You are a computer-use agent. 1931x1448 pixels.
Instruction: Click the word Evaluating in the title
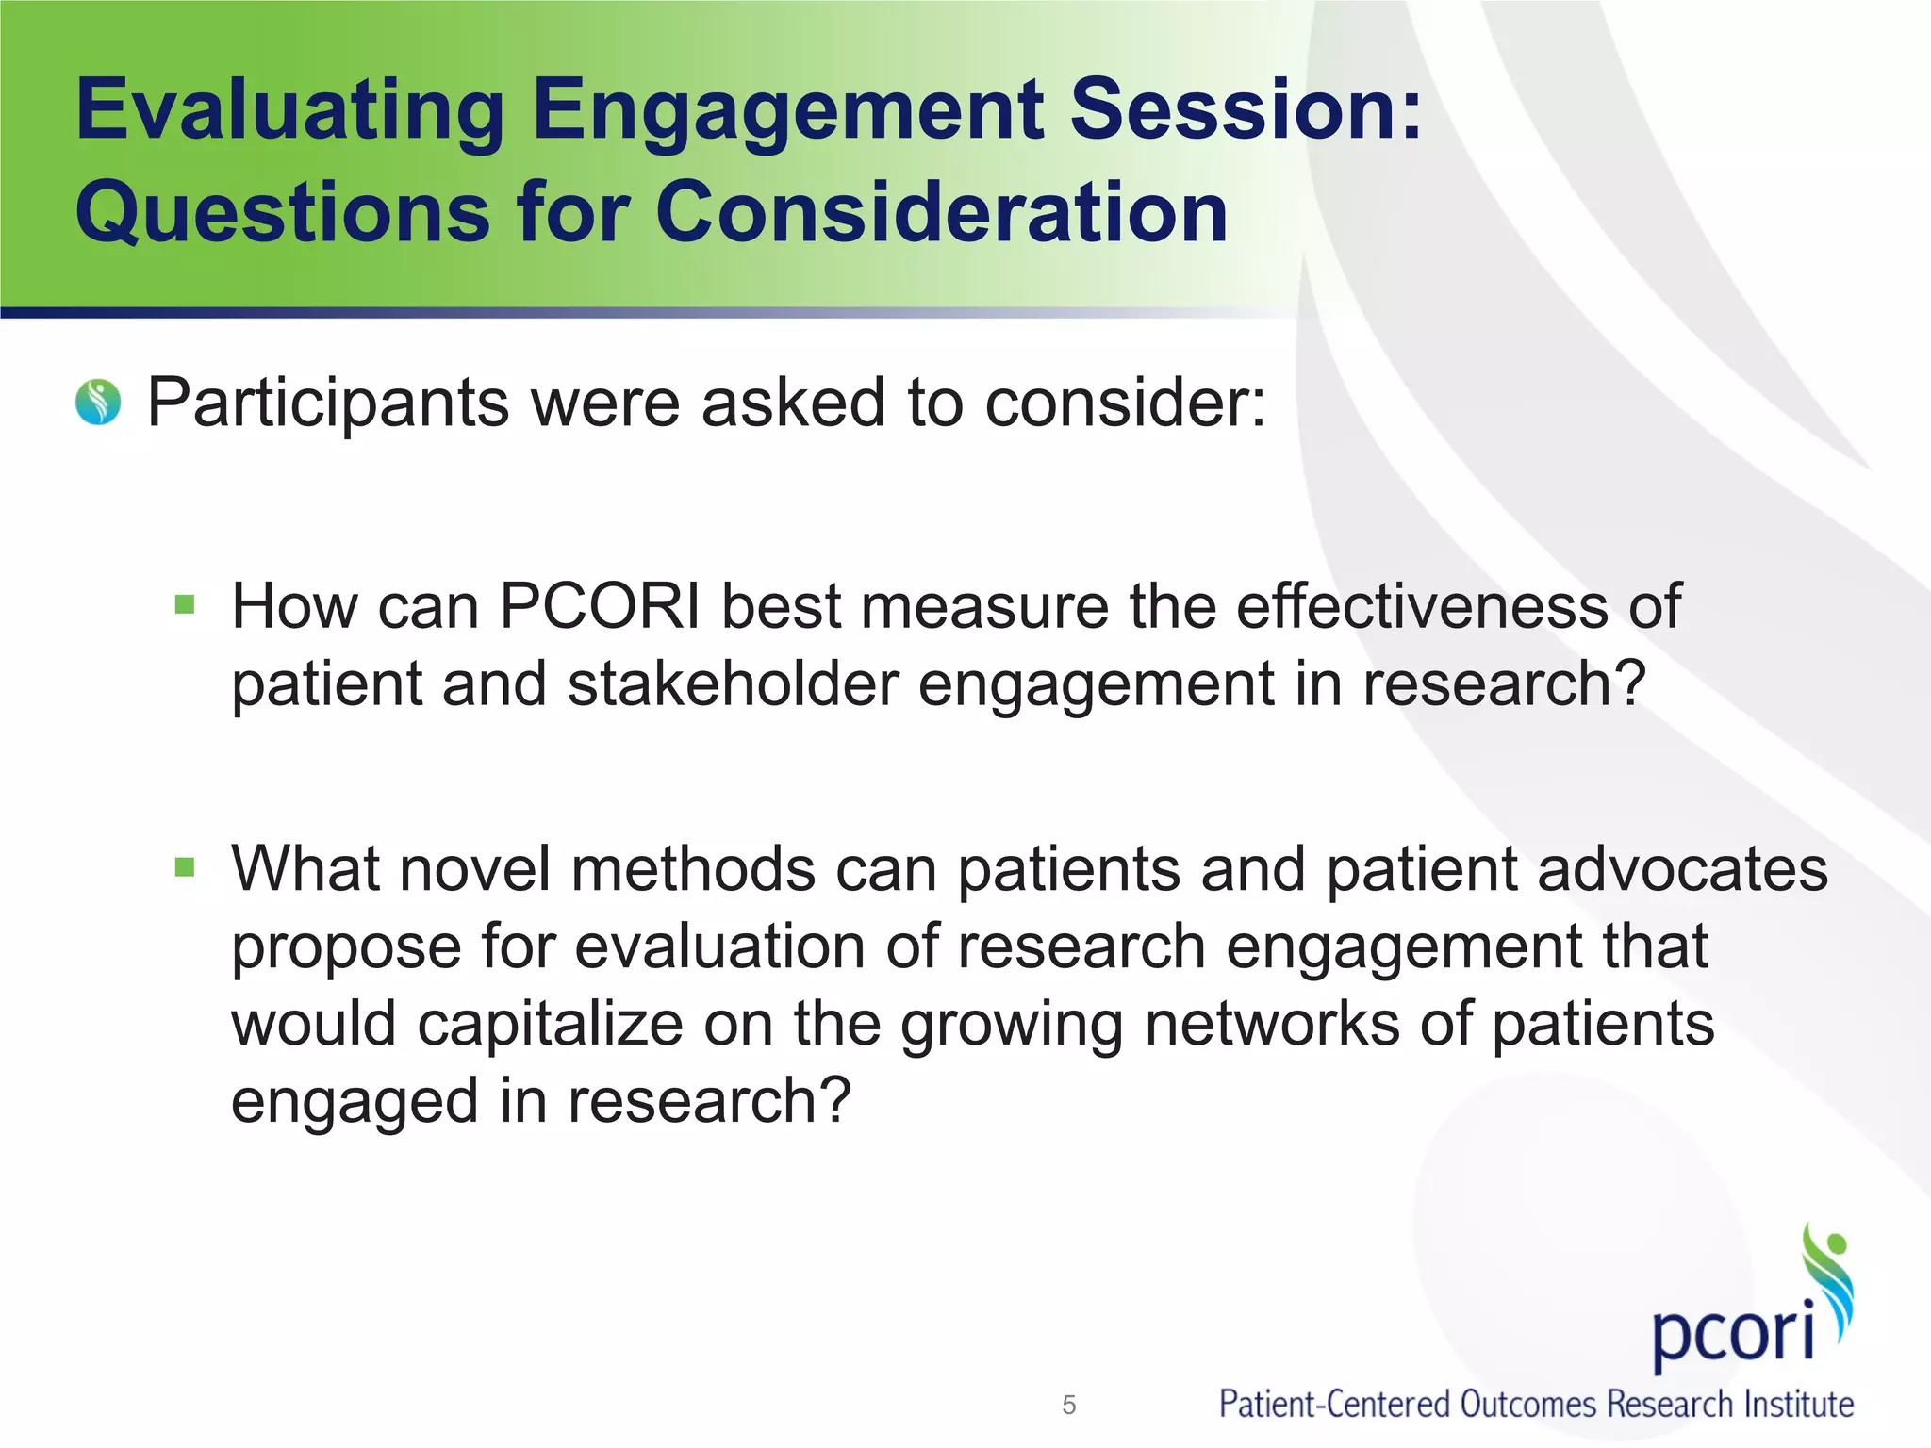click(x=290, y=111)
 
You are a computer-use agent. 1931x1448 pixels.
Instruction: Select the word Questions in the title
click(x=283, y=213)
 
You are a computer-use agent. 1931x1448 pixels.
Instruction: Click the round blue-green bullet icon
click(x=98, y=403)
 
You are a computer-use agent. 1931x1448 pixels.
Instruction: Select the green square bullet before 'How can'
click(x=185, y=603)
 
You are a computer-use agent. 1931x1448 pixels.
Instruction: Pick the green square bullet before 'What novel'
click(x=185, y=865)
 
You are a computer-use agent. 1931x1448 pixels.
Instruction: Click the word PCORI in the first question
click(x=600, y=605)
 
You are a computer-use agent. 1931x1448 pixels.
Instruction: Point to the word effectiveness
click(x=1420, y=605)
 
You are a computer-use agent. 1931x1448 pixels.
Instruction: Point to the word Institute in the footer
click(x=1798, y=1405)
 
